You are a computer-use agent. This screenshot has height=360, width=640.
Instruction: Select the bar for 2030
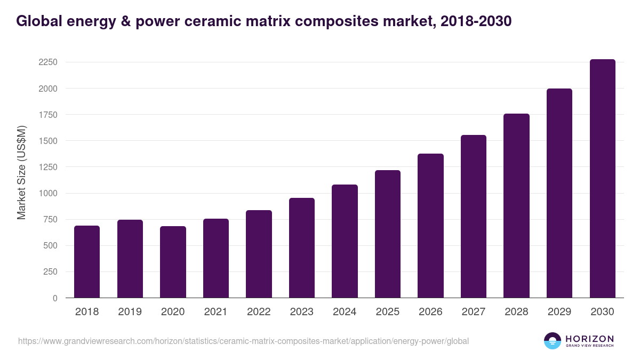coord(602,179)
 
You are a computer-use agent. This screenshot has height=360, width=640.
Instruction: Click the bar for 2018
coord(87,262)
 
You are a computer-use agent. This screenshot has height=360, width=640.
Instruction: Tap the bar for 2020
coord(173,262)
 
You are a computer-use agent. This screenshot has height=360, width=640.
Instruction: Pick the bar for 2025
coord(387,234)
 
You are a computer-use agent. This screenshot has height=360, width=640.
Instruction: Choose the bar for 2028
coord(516,206)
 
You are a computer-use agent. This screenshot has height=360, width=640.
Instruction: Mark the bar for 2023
coord(301,248)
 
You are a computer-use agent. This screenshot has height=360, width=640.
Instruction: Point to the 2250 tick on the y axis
coord(48,62)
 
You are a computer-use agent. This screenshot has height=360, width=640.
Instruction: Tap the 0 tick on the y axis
coord(55,298)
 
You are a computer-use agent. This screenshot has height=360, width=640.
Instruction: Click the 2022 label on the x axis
coord(259,312)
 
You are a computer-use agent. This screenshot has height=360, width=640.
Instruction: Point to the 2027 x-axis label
coord(473,312)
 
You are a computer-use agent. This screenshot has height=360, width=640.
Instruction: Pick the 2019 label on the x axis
coord(130,312)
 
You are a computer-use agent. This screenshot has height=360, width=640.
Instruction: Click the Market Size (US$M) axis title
coord(21,173)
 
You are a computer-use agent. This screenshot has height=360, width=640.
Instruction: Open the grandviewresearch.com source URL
coord(243,341)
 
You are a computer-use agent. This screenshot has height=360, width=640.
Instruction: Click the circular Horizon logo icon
coord(552,341)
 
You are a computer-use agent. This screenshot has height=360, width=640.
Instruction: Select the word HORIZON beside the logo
coord(589,338)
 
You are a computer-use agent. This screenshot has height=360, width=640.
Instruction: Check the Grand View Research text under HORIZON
coord(589,346)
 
